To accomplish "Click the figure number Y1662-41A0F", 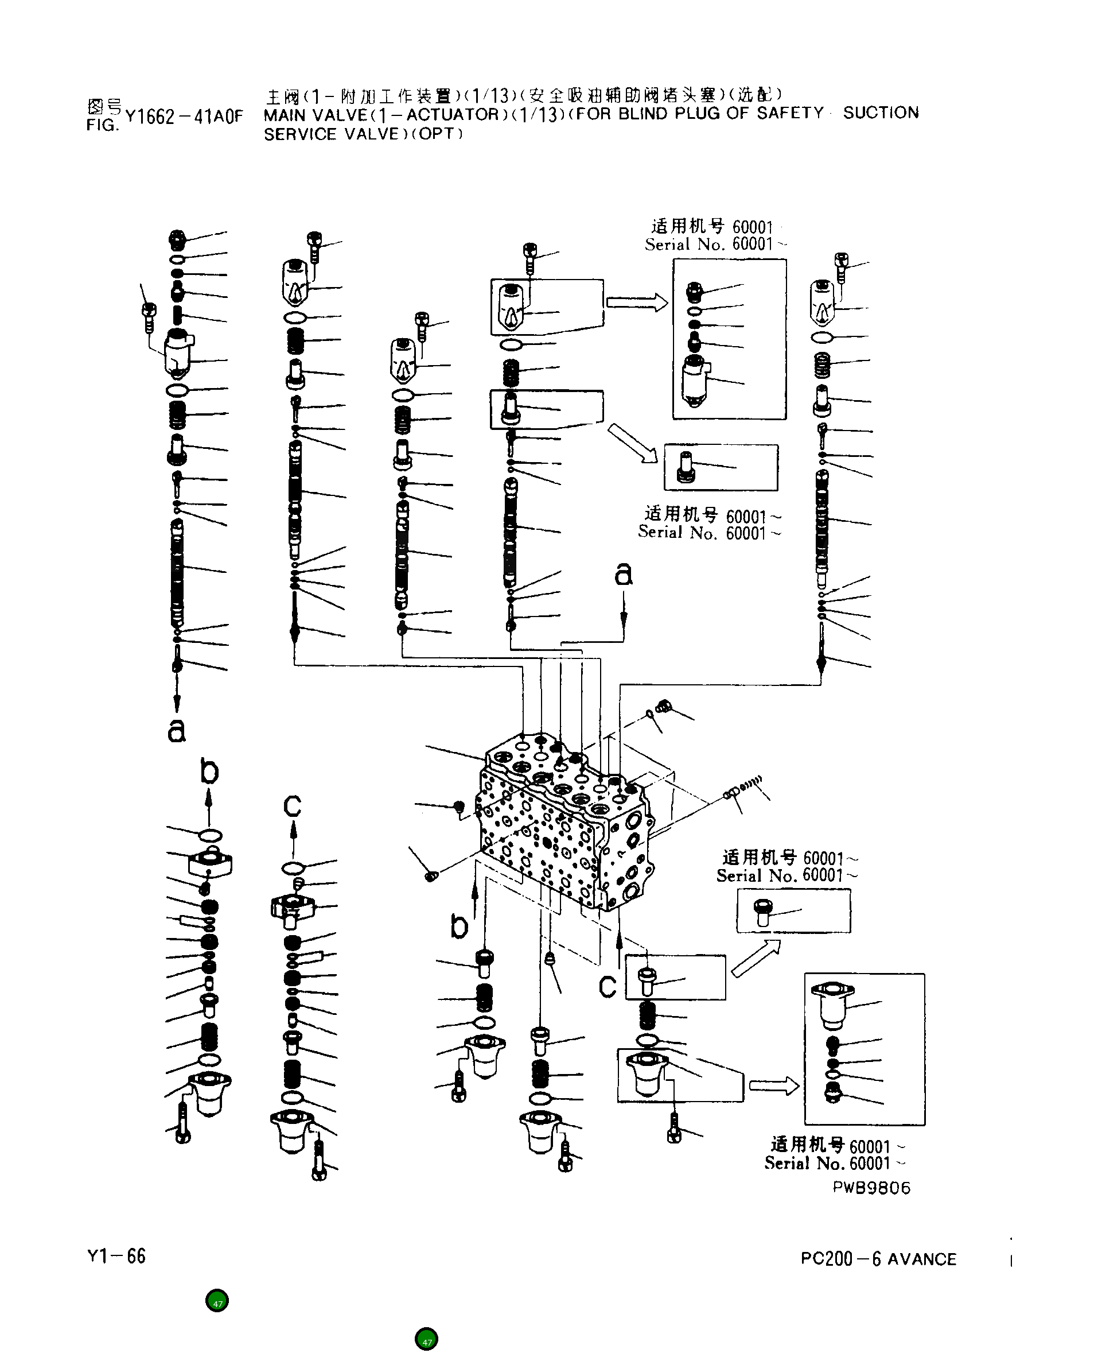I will [184, 117].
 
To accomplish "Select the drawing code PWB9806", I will [871, 1188].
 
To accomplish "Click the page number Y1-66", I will [116, 1256].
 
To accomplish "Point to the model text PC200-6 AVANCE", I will [878, 1259].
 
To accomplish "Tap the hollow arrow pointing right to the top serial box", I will [636, 303].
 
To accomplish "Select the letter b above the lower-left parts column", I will [209, 772].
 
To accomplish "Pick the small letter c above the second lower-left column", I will [292, 805].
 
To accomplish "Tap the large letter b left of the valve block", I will [459, 926].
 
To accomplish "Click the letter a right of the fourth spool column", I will [623, 573].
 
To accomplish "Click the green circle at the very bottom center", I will [426, 1339].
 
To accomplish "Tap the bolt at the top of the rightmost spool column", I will [840, 267].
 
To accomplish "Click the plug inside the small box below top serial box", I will [686, 467].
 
